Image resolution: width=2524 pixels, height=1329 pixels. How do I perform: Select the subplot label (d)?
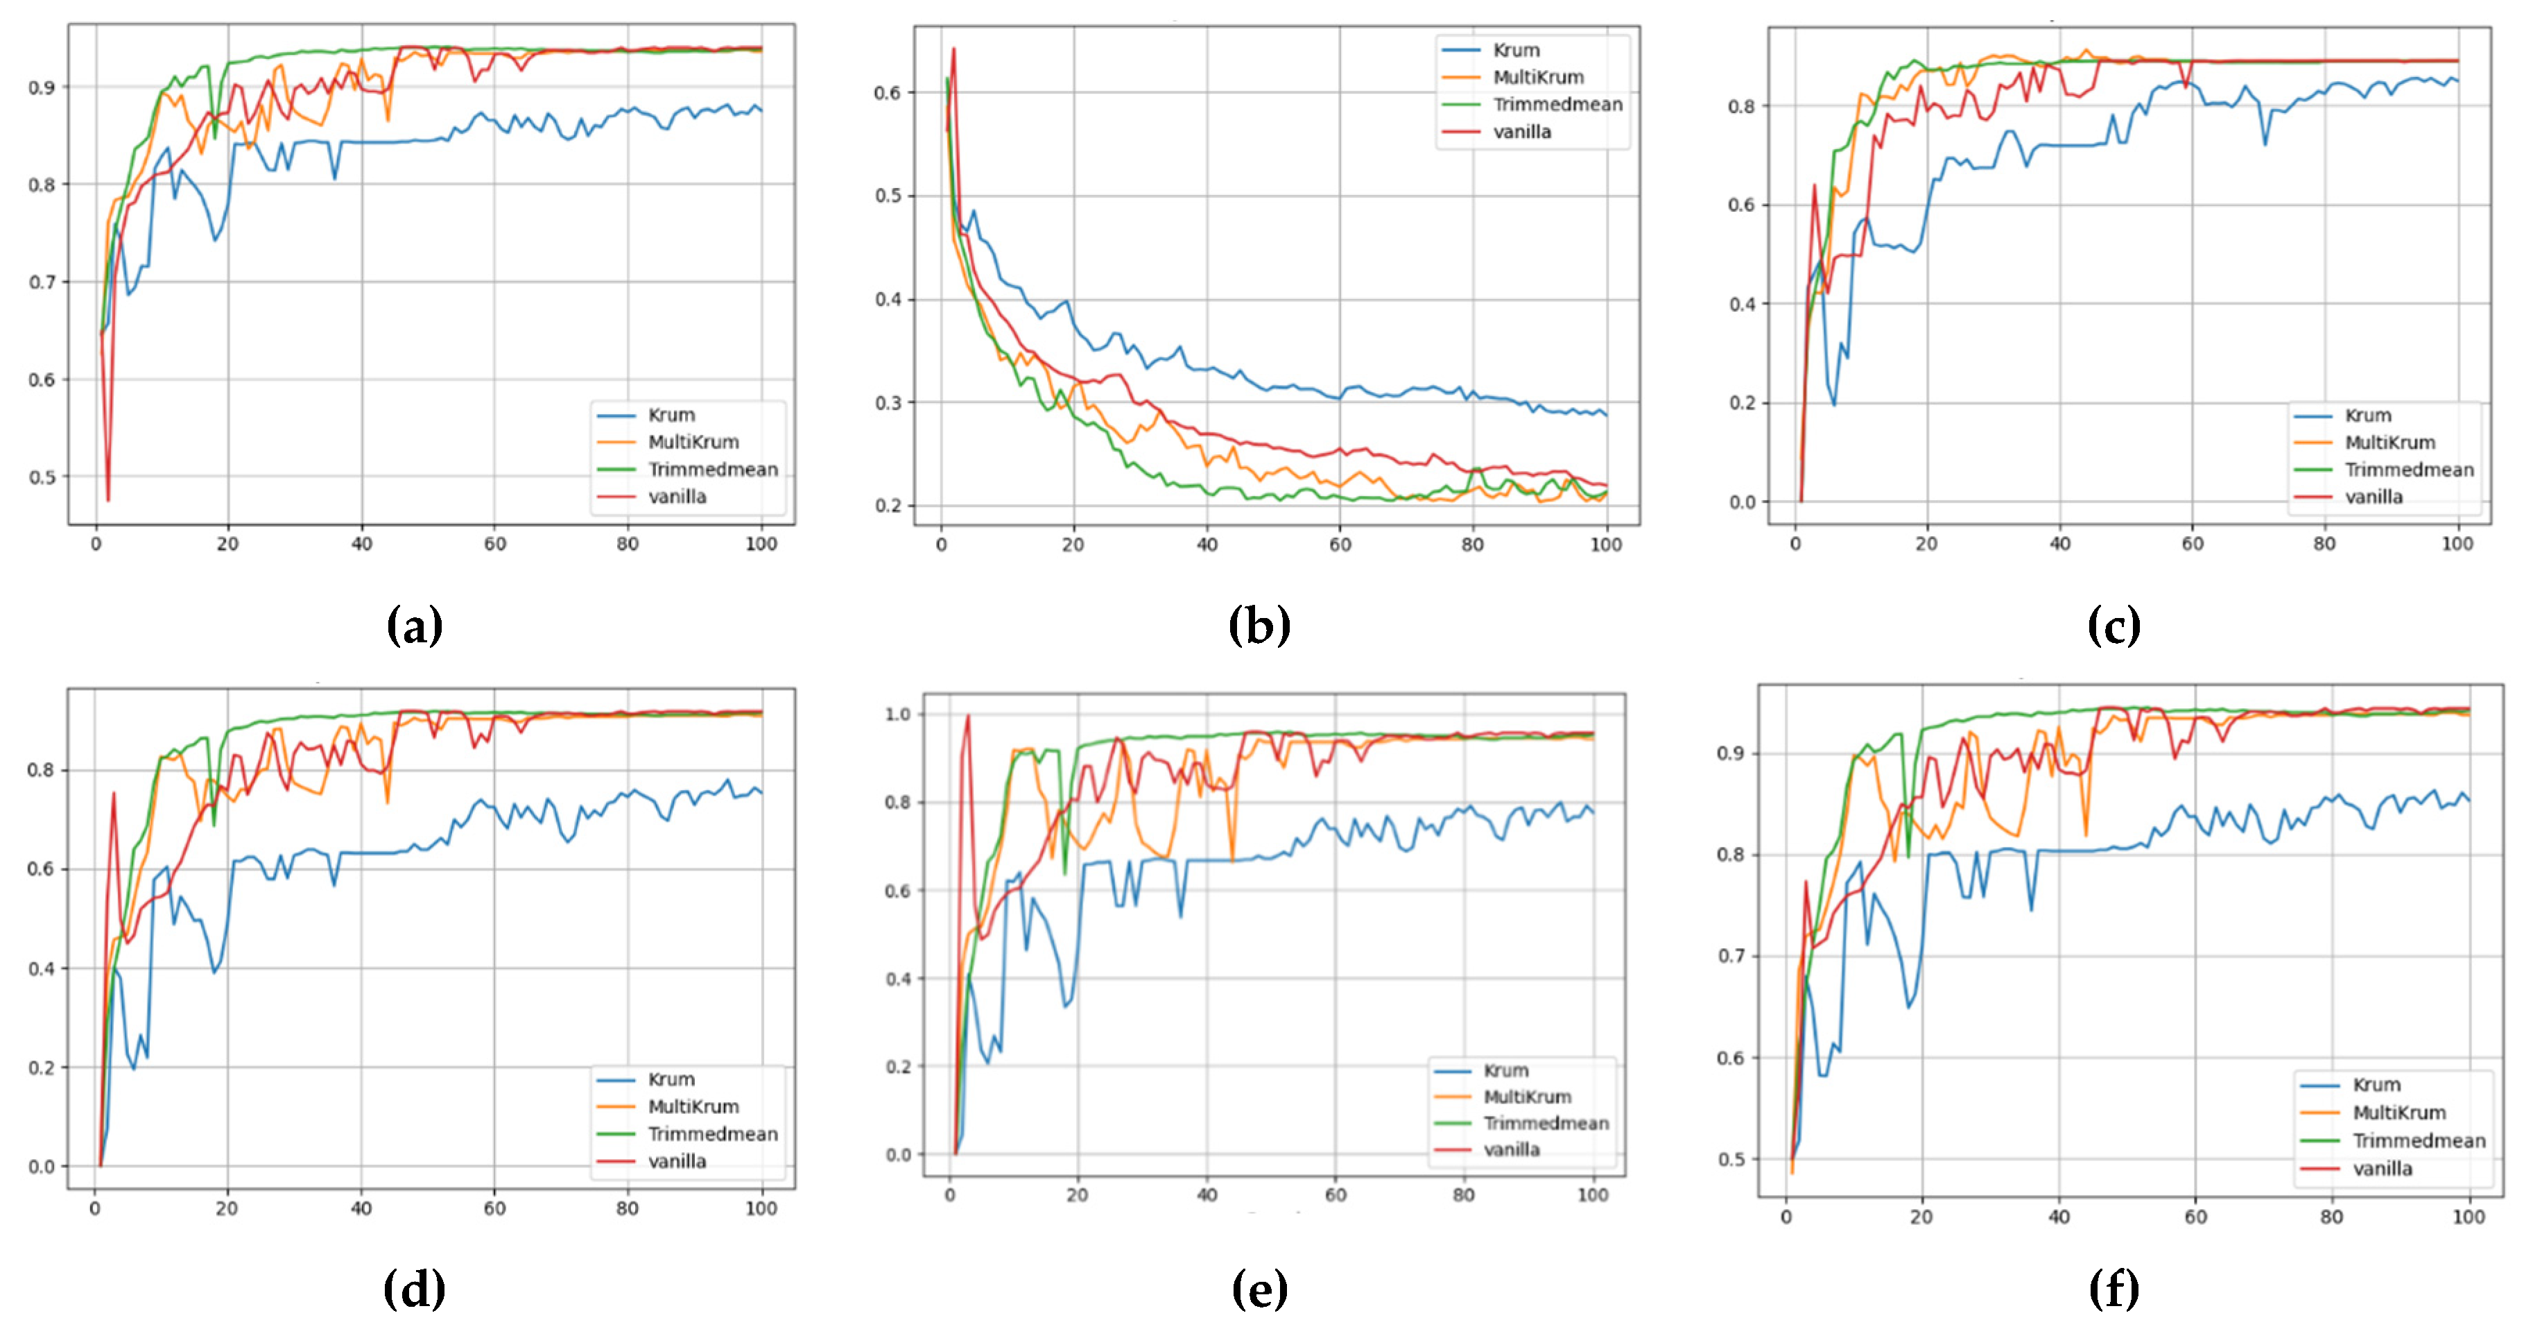point(415,1289)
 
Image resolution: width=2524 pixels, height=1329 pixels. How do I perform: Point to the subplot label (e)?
point(1259,1289)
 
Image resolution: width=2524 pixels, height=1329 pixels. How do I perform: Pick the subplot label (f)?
point(2114,1289)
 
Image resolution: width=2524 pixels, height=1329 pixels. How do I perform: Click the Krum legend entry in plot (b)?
point(1516,50)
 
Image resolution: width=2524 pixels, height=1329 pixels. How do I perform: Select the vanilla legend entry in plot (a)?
point(676,497)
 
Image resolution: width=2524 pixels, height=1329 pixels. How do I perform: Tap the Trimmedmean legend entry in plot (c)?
point(2408,470)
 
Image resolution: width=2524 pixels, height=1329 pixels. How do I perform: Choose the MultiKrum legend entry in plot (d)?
point(693,1106)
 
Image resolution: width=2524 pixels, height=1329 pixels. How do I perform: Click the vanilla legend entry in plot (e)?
point(1511,1149)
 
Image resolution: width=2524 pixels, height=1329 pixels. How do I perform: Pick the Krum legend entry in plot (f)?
point(2376,1085)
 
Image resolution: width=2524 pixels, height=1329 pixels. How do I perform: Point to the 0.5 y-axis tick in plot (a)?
point(42,477)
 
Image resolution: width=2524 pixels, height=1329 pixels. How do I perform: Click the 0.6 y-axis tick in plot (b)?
point(887,93)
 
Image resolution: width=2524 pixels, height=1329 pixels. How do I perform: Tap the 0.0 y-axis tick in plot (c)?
point(1742,501)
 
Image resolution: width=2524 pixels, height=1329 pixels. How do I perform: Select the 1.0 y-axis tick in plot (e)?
point(897,714)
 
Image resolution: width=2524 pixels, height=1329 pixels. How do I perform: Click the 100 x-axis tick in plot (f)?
point(2468,1217)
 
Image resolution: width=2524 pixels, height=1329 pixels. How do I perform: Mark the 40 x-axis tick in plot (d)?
point(361,1208)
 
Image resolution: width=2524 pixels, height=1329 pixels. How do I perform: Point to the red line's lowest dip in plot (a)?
point(107,500)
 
